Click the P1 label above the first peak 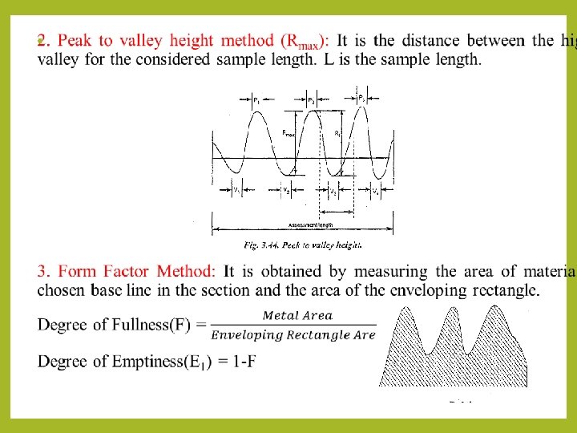tap(256, 102)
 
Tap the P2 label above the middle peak tap(311, 101)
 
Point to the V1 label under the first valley tap(237, 190)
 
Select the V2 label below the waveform tap(286, 190)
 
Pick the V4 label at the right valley tap(376, 190)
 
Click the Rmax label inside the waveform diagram tap(289, 134)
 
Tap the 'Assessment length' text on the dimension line tap(310, 225)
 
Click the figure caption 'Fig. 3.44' tap(262, 244)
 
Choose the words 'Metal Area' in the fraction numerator tap(297, 316)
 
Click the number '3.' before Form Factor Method tap(45, 272)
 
